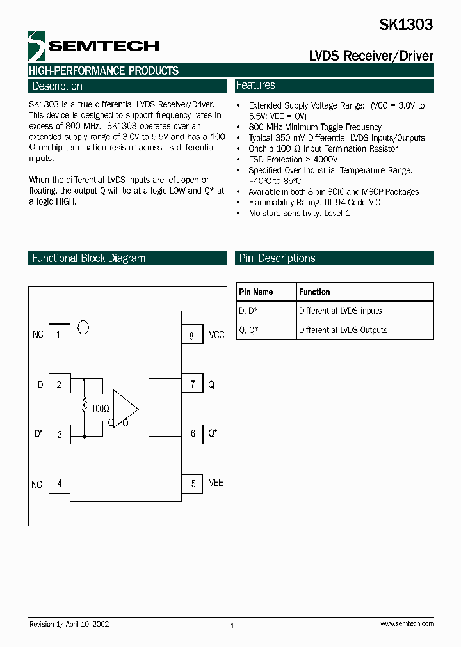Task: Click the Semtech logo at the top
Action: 93,45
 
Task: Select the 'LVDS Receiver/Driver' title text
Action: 371,56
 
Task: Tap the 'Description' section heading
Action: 57,86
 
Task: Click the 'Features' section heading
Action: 255,85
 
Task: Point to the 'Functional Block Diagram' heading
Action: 88,258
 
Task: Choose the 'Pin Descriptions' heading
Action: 277,258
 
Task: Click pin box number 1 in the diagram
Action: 59,334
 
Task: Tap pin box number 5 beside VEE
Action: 193,484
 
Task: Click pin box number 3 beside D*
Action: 60,435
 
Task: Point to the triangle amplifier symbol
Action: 125,408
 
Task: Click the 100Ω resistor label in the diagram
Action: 100,409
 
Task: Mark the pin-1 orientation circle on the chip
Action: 83,327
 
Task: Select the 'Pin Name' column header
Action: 255,292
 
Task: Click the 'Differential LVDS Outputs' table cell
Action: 343,330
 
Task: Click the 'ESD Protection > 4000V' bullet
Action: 293,159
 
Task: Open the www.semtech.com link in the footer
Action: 407,623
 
